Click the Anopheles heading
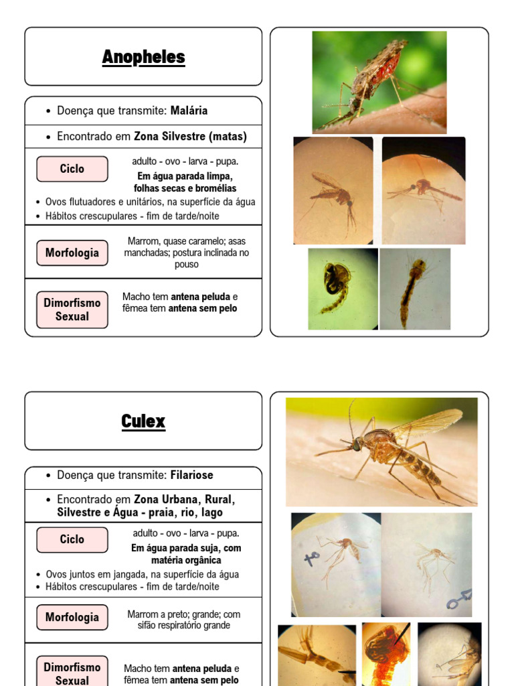tap(143, 57)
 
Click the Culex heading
tap(143, 421)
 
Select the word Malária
tap(189, 111)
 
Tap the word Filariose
tap(191, 475)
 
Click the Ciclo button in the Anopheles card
tap(72, 169)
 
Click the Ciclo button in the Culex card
tap(72, 539)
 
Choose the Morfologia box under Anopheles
tap(72, 253)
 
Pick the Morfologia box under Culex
tap(72, 617)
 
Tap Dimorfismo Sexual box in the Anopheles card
tap(72, 310)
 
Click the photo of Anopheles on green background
tap(379, 82)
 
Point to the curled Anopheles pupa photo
tap(342, 289)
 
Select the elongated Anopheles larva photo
tap(415, 289)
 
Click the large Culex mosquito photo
tap(381, 452)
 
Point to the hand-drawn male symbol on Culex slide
tap(460, 598)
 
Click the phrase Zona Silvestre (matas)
tap(190, 137)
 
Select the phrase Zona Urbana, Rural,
tap(184, 500)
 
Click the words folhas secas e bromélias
tap(185, 188)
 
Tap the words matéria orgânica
tap(186, 560)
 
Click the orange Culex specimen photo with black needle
tap(386, 653)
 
